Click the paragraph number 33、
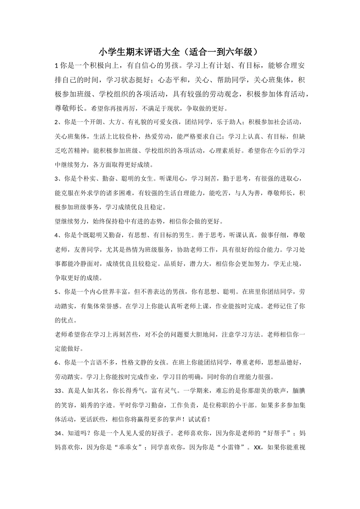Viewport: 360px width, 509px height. click(60, 391)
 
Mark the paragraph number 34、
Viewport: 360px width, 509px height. click(60, 434)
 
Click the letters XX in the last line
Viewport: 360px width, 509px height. click(257, 448)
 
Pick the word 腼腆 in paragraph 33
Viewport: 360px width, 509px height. click(298, 391)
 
